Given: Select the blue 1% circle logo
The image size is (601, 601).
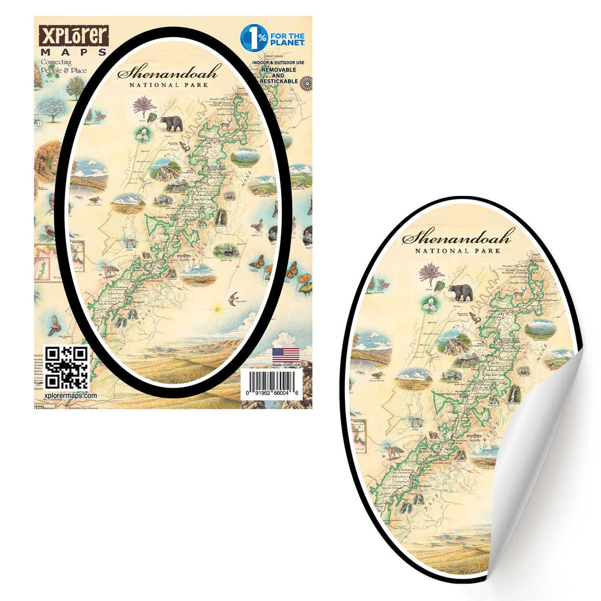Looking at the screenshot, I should pyautogui.click(x=251, y=36).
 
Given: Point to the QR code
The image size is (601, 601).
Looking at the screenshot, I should pyautogui.click(x=66, y=367).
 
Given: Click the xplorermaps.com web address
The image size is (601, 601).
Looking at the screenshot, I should pyautogui.click(x=71, y=395).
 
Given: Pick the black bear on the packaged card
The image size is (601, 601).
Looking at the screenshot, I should pyautogui.click(x=171, y=123).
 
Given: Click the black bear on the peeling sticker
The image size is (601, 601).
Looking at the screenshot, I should pyautogui.click(x=461, y=292).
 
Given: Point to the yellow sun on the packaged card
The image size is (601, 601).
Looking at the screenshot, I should pyautogui.click(x=218, y=310).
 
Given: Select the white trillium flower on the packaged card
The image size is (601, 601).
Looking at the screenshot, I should pyautogui.click(x=144, y=135).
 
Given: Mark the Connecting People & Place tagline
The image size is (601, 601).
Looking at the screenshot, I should pyautogui.click(x=63, y=66).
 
